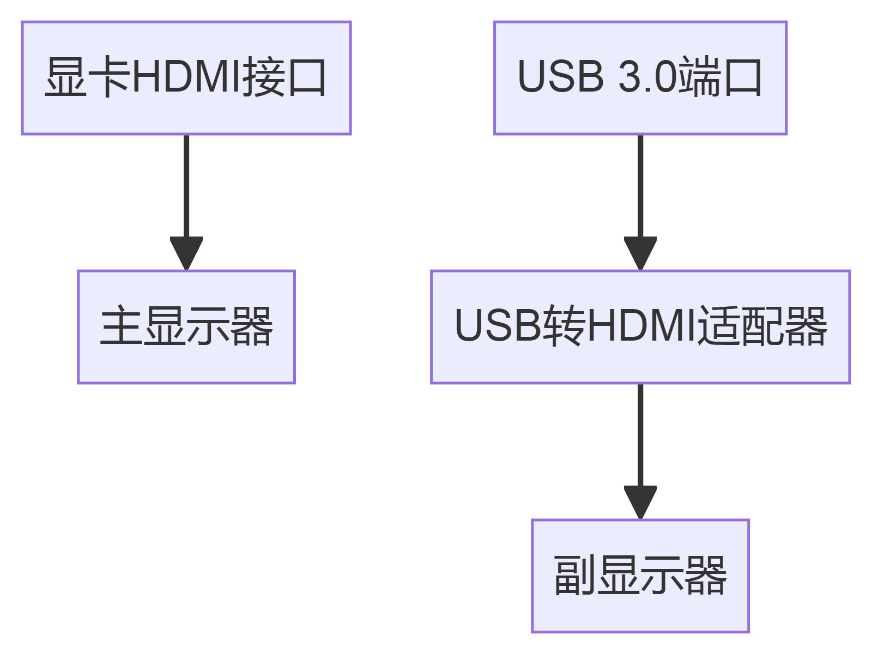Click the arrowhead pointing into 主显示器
(x=186, y=253)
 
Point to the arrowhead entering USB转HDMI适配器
(x=640, y=253)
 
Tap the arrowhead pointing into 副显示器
(x=640, y=502)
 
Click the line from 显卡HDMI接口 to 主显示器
(x=186, y=185)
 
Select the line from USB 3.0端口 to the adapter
(x=640, y=185)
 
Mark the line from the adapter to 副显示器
(x=640, y=433)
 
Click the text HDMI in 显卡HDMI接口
(x=186, y=77)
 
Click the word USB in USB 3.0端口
(x=560, y=77)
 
